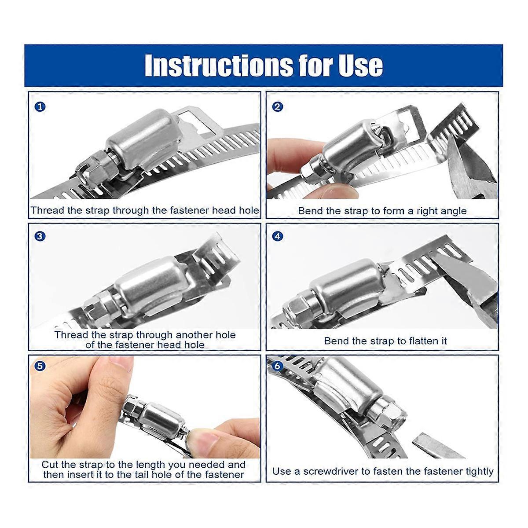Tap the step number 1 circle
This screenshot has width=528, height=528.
pos(40,106)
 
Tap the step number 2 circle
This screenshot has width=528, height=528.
pos(277,106)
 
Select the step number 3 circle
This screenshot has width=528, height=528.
pos(40,236)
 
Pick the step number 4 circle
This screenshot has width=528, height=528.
pos(277,236)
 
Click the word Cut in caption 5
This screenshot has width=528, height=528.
pos(50,465)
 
